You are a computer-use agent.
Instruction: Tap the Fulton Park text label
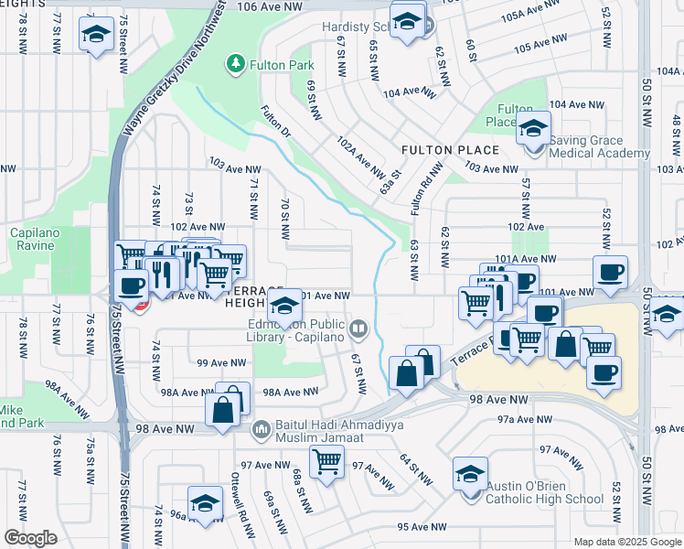pyautogui.click(x=283, y=65)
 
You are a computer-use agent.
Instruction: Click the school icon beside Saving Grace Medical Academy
pyautogui.click(x=532, y=130)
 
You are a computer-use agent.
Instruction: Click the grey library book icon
pyautogui.click(x=358, y=327)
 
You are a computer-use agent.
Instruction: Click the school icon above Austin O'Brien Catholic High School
pyautogui.click(x=470, y=475)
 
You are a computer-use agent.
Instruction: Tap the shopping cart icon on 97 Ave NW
pyautogui.click(x=326, y=463)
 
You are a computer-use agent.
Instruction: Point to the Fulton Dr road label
pyautogui.click(x=274, y=126)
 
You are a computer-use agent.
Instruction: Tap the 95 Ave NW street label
pyautogui.click(x=422, y=527)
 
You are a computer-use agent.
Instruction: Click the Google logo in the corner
pyautogui.click(x=30, y=538)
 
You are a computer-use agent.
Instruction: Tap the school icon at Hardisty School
pyautogui.click(x=407, y=19)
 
